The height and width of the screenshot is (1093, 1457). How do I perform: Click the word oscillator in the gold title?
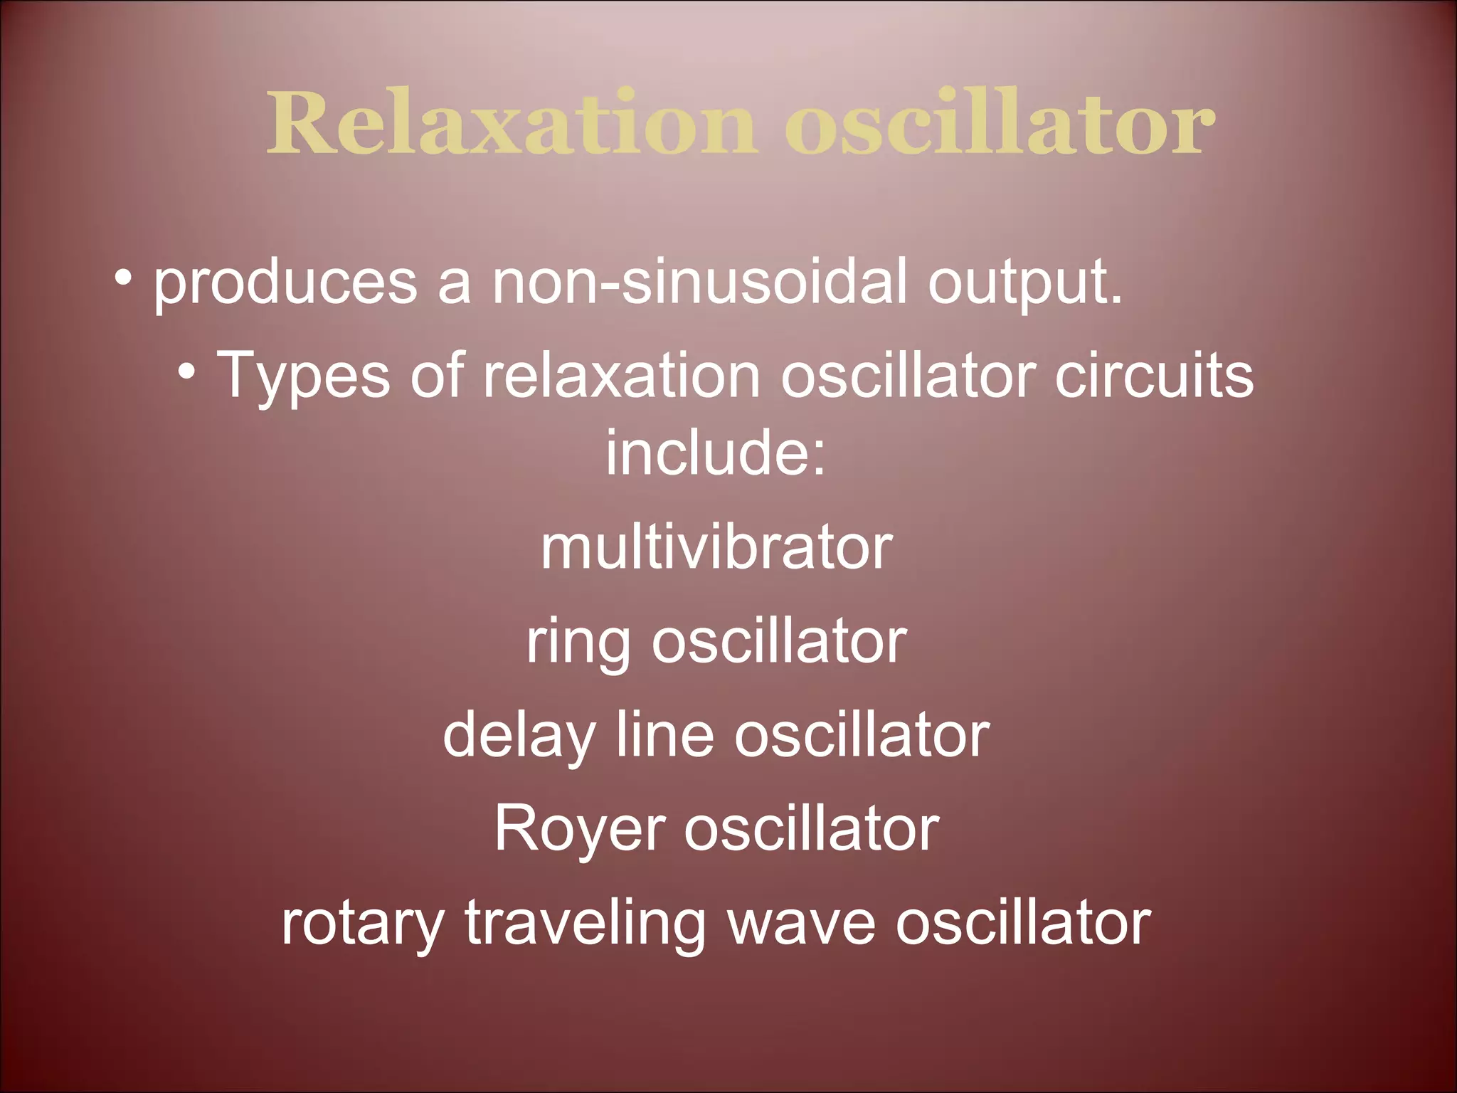click(x=999, y=124)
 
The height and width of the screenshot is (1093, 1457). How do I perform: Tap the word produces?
click(x=285, y=283)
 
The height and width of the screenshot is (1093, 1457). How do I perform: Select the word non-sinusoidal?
click(x=700, y=282)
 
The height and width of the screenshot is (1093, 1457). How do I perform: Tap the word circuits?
click(x=1153, y=376)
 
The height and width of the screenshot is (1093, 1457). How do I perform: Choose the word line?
click(x=664, y=736)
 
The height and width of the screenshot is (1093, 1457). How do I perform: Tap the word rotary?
click(x=362, y=924)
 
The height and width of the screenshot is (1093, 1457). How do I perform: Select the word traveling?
click(x=585, y=924)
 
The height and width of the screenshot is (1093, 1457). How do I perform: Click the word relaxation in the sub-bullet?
click(x=622, y=376)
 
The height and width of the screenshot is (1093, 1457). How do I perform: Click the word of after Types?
click(x=437, y=376)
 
